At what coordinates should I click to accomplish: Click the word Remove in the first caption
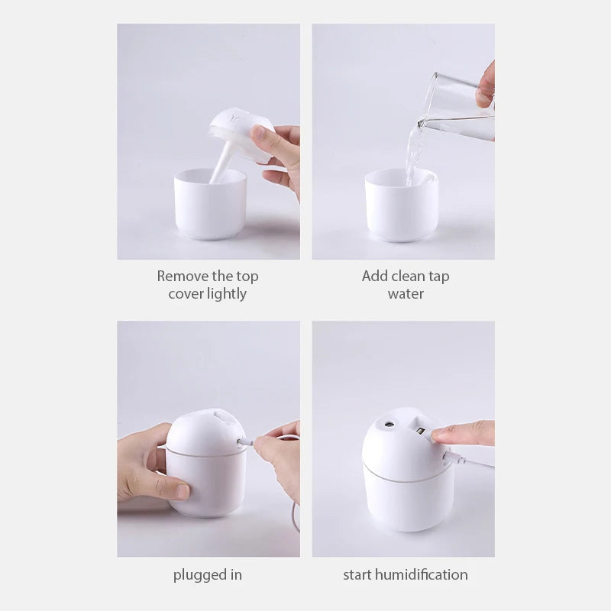coord(182,276)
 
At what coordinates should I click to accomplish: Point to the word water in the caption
coord(406,294)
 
